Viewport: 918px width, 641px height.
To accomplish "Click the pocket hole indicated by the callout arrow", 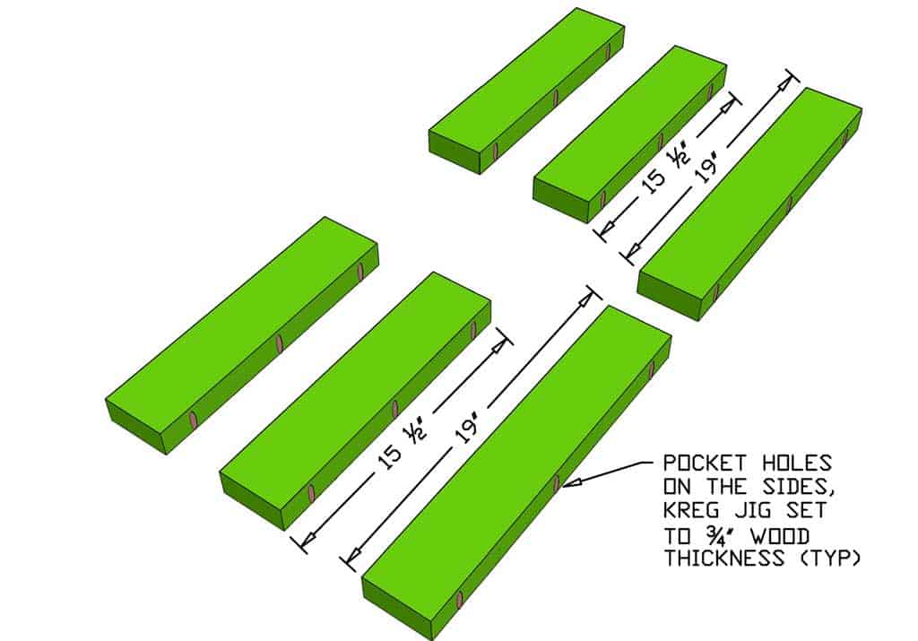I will point(557,483).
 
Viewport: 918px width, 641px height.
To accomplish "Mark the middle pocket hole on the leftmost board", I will point(280,343).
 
